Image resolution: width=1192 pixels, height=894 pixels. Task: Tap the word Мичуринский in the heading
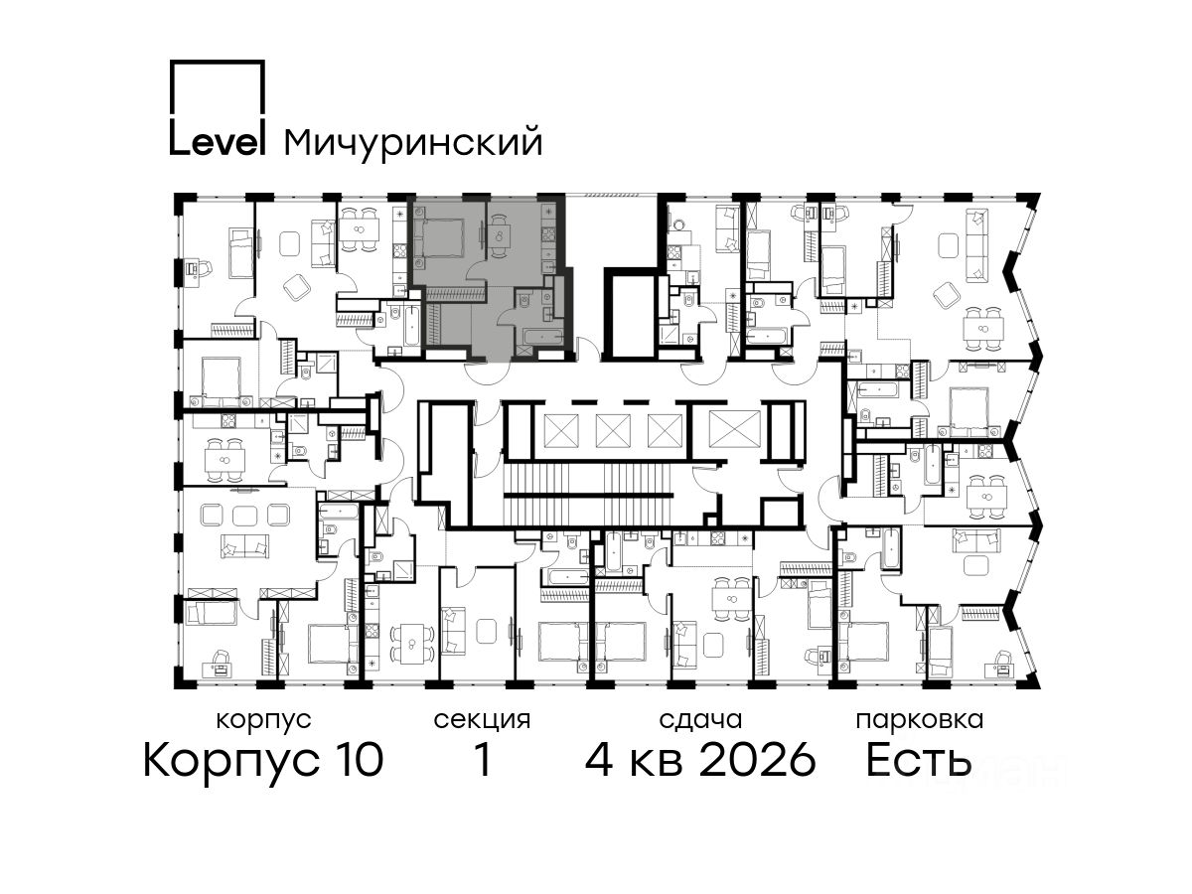pos(412,143)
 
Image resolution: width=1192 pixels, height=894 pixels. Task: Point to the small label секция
pos(481,720)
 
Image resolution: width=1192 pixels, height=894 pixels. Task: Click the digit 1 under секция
pos(482,760)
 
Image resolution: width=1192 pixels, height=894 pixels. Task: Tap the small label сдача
pos(700,720)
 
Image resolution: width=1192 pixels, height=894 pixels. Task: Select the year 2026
pos(757,760)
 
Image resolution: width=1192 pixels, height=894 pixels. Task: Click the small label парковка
pos(920,720)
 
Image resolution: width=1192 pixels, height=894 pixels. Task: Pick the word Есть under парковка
pos(918,760)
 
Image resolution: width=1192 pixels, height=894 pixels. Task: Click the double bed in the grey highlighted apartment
pos(438,237)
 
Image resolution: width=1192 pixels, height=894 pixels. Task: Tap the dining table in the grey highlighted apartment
pos(499,235)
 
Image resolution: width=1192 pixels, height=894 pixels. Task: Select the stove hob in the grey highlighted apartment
pos(548,234)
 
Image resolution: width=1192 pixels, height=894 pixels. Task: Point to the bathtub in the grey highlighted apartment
pos(539,337)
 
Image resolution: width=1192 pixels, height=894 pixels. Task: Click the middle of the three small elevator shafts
pos(613,431)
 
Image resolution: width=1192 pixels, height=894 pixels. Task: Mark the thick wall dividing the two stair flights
pos(589,495)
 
